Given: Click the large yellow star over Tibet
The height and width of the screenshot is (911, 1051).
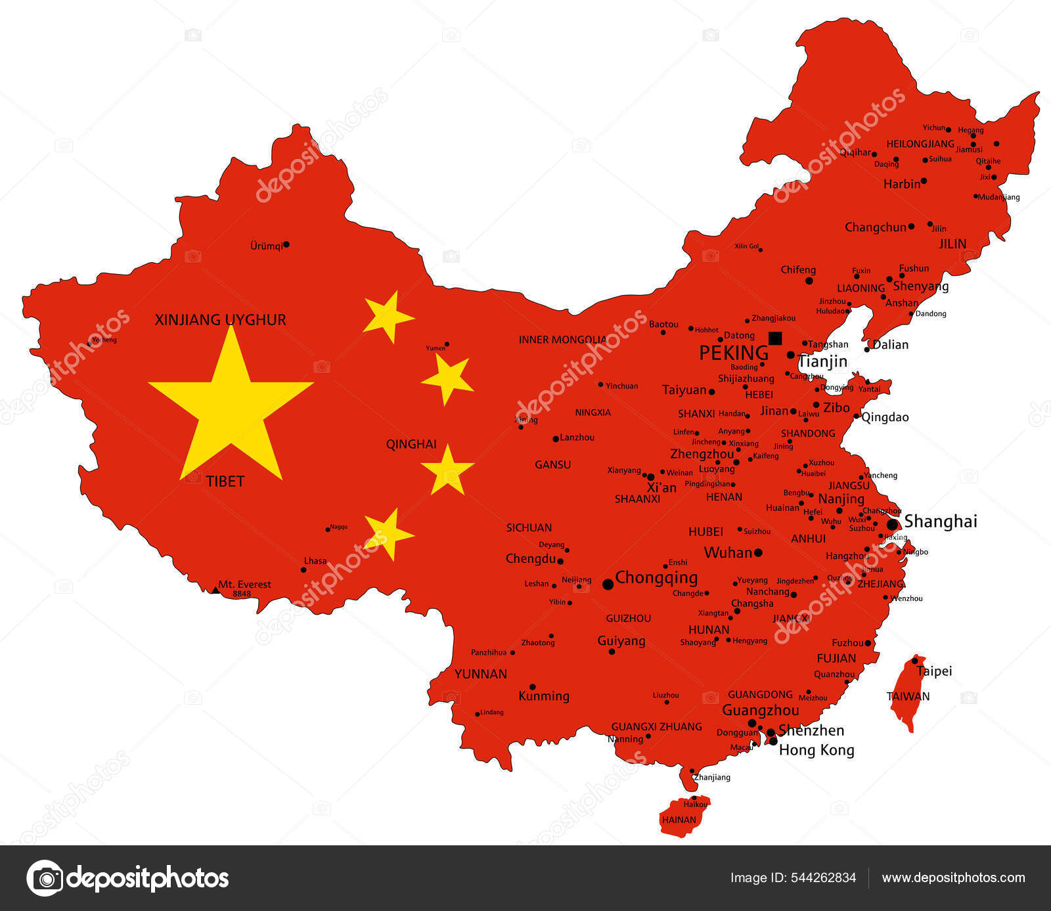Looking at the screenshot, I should [x=231, y=407].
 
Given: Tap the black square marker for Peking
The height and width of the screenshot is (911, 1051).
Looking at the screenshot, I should [x=775, y=338].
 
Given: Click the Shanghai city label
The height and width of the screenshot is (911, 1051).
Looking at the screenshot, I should [x=941, y=522].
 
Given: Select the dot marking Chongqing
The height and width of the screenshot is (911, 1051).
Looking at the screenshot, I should [x=608, y=584].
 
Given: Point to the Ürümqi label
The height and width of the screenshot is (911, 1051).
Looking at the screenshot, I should [x=266, y=246].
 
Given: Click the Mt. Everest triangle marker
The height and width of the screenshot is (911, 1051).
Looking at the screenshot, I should [x=215, y=590].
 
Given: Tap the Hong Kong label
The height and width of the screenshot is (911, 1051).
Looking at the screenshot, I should [x=816, y=750].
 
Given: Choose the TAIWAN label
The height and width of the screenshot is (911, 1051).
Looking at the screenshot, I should [x=908, y=696].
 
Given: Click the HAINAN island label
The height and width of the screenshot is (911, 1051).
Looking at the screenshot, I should [x=679, y=820].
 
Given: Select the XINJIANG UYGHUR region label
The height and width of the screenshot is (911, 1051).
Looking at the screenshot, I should [x=220, y=320].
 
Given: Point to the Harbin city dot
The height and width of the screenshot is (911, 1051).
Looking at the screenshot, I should [x=924, y=181].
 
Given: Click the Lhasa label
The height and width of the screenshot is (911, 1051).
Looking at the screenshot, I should [x=315, y=561].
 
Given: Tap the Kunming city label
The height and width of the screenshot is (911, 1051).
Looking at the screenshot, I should [x=544, y=696].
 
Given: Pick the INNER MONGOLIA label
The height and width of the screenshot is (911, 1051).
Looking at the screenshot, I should [x=562, y=340].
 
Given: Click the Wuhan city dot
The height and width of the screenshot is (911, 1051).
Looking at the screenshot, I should [x=758, y=553].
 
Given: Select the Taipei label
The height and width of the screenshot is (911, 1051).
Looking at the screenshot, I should [x=934, y=671].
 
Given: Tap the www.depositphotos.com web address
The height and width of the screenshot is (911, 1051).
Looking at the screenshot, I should [x=953, y=878].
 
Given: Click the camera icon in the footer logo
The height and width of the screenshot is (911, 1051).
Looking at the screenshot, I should [x=45, y=878].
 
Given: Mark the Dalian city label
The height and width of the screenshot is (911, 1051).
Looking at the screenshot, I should [x=890, y=345].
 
